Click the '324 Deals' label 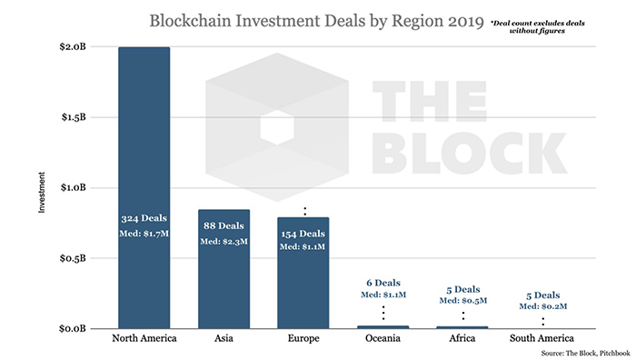click(x=144, y=219)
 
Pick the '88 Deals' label click(x=224, y=225)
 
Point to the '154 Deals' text click(x=303, y=232)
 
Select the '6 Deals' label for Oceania click(x=383, y=282)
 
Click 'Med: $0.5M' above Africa click(x=463, y=300)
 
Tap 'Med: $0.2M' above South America click(x=543, y=307)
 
